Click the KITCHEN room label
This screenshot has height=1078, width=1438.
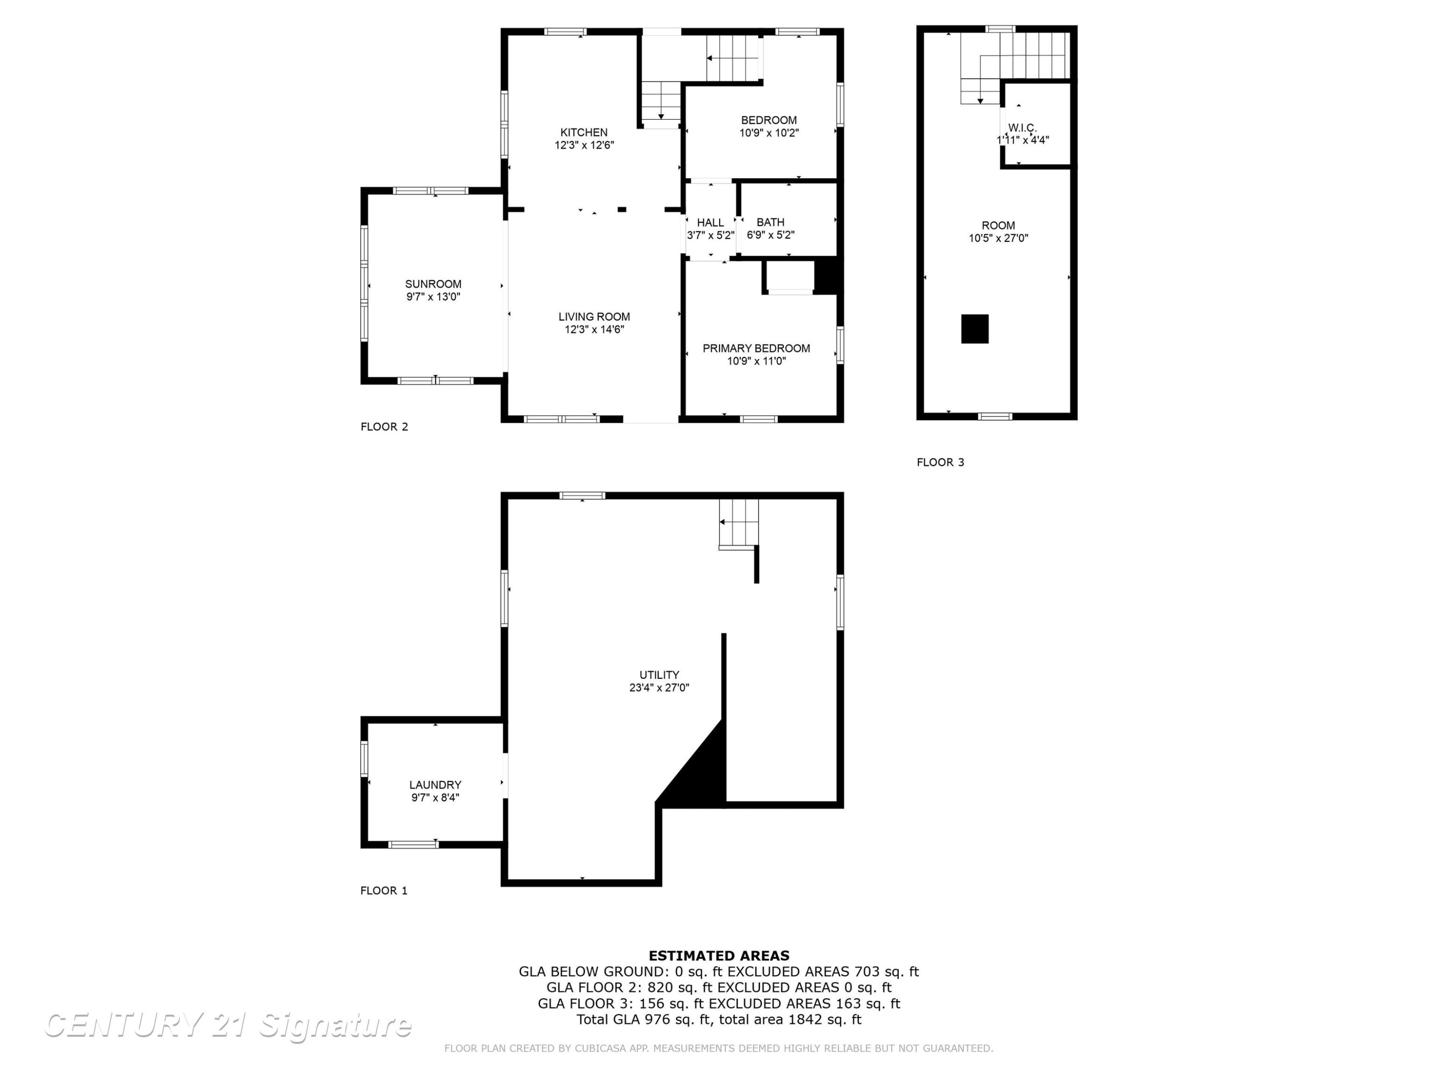click(584, 133)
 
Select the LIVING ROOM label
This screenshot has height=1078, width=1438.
click(594, 317)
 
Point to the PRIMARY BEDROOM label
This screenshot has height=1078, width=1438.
click(756, 348)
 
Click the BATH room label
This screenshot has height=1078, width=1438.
click(770, 222)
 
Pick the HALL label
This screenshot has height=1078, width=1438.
click(710, 223)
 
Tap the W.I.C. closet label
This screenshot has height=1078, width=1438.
click(1022, 127)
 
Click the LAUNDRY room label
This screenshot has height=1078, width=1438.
click(435, 785)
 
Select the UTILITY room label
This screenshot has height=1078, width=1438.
click(659, 675)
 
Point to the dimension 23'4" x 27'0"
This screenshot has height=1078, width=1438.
click(659, 688)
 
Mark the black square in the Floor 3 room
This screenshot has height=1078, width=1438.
click(975, 329)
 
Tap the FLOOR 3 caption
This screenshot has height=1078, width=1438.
click(940, 463)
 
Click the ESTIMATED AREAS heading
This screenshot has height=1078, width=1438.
click(719, 956)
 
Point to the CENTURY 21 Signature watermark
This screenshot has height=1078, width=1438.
click(228, 1025)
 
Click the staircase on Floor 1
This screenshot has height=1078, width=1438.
click(739, 524)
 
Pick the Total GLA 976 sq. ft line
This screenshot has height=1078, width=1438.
click(719, 1020)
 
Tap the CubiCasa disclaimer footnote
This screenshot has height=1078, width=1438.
click(719, 1048)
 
